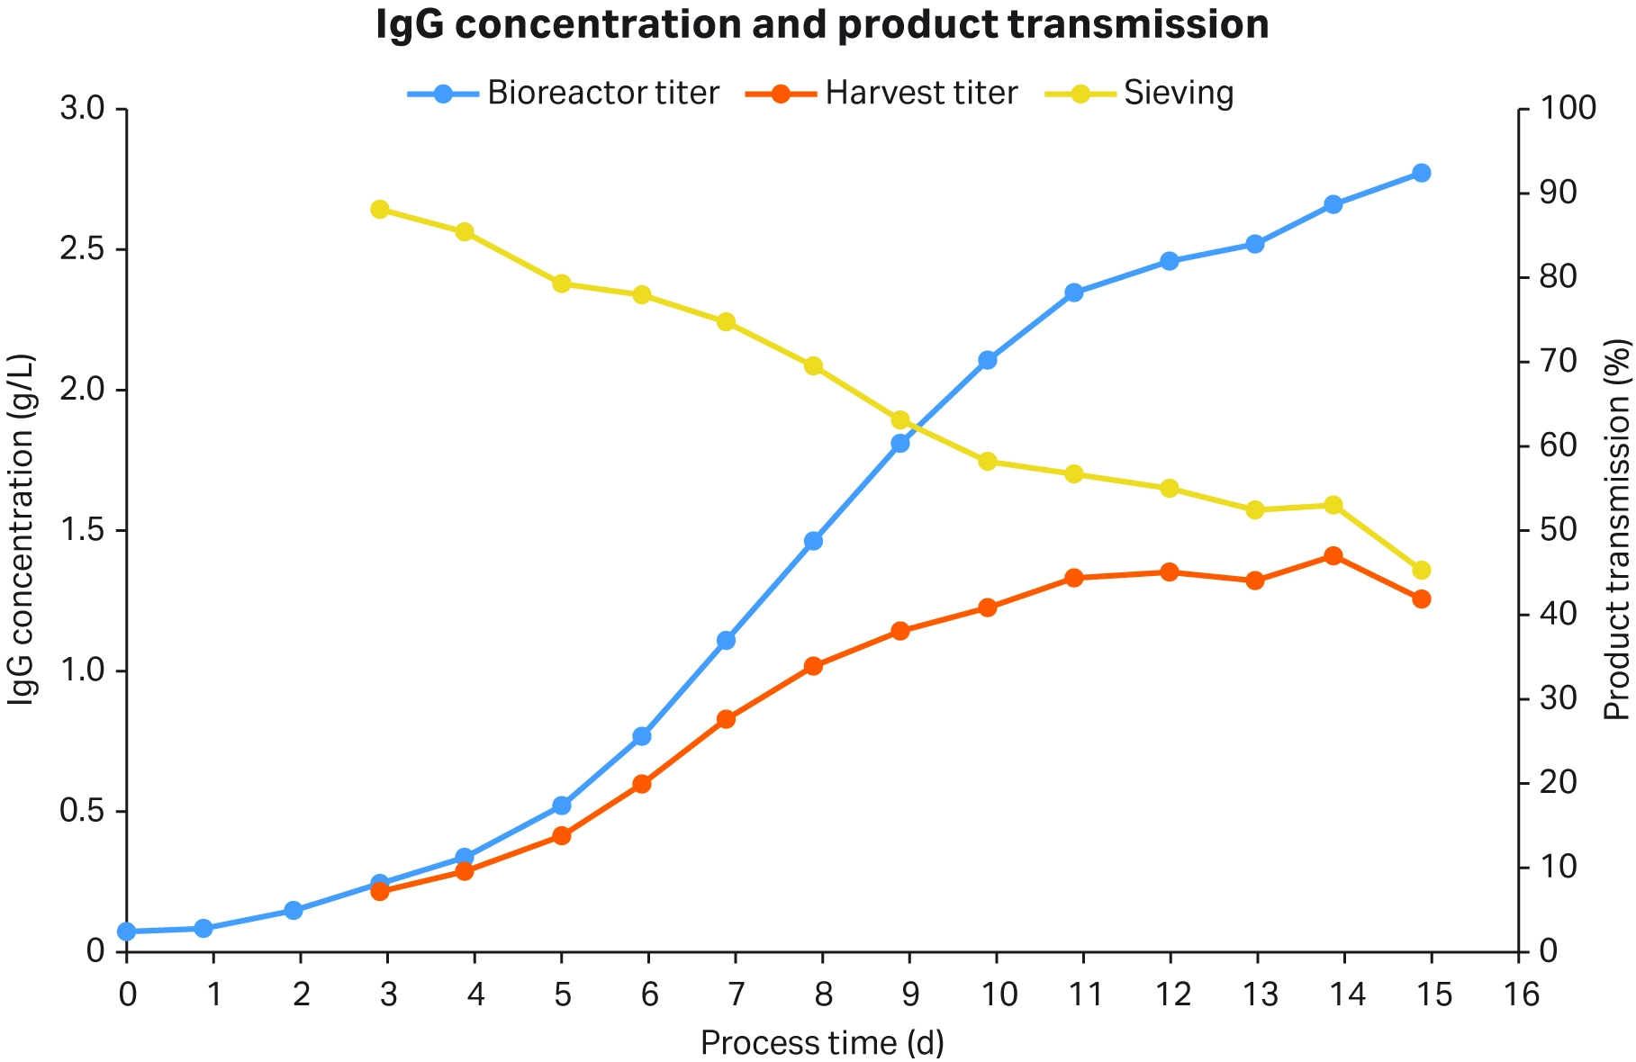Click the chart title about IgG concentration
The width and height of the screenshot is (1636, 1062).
(x=821, y=25)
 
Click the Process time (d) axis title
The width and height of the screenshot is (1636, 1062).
(x=821, y=1043)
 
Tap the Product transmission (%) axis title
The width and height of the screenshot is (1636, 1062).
(x=1617, y=529)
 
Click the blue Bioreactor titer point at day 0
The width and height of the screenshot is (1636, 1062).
(x=127, y=931)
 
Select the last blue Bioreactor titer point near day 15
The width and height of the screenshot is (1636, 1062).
(x=1421, y=173)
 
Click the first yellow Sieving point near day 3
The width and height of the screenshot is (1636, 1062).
(x=380, y=210)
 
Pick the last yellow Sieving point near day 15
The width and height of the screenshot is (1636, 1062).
(x=1421, y=570)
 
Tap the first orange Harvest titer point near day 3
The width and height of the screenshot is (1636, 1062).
(x=380, y=891)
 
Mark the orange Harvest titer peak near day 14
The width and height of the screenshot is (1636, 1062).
(x=1333, y=556)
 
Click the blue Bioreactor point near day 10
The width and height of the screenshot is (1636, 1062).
(x=987, y=360)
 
